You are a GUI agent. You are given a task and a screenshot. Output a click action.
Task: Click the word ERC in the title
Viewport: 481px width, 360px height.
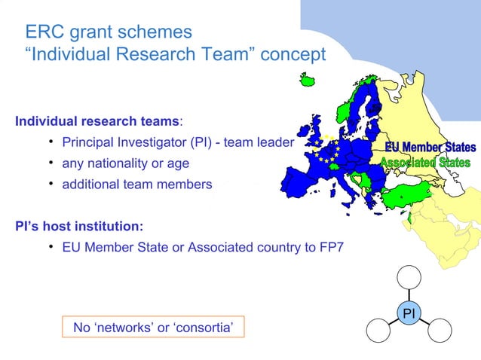coord(44,32)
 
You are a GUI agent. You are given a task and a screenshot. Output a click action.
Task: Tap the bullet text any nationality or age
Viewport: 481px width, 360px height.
coord(125,163)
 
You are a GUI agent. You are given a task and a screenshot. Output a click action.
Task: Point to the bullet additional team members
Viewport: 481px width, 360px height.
coord(136,184)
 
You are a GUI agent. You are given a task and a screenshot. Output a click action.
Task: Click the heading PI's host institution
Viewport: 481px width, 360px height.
coord(80,226)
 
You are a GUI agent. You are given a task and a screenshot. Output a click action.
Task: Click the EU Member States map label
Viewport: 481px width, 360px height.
coord(430,147)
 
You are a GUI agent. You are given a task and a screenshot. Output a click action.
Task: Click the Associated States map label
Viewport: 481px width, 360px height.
coord(425,163)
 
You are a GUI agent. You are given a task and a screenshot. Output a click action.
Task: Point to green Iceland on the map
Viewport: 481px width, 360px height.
coord(307,80)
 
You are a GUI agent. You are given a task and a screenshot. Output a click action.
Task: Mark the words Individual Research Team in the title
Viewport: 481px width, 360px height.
coord(140,55)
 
